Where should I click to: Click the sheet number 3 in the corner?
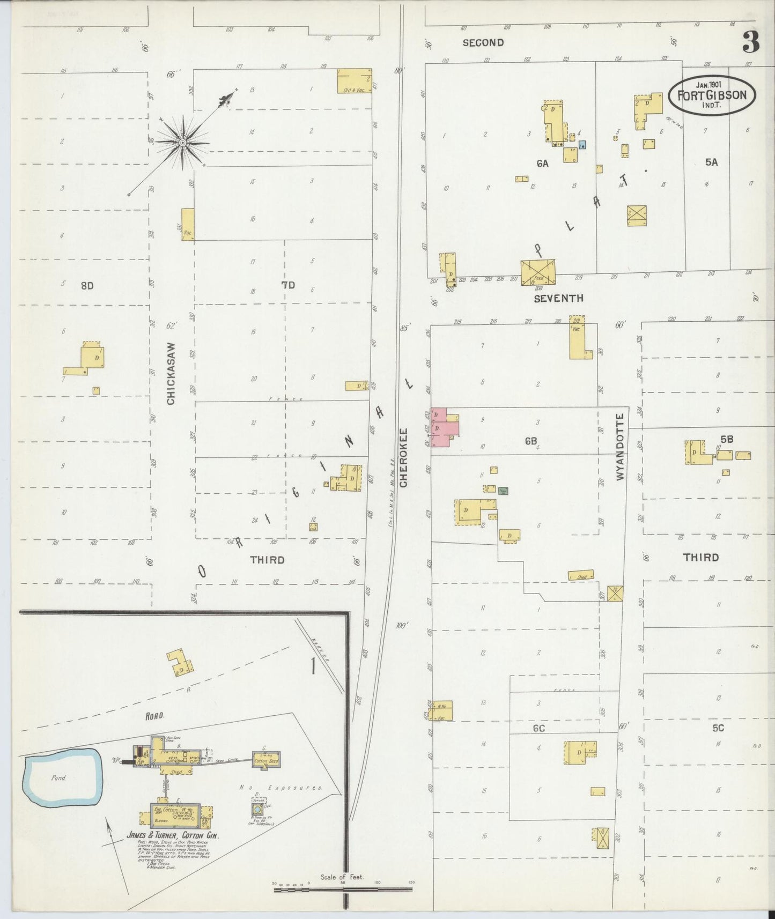(751, 42)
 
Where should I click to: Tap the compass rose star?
(182, 143)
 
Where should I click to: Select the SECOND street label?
(483, 43)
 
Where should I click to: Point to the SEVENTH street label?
(558, 299)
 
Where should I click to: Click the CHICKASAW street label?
(171, 374)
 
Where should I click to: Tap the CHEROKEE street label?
(404, 457)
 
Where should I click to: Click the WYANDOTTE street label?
(621, 447)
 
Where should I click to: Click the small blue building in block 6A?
(582, 144)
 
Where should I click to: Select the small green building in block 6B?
(503, 490)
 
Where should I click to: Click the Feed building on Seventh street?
(538, 272)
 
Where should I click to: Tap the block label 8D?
(87, 286)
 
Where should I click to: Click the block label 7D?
(288, 285)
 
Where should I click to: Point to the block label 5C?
(718, 728)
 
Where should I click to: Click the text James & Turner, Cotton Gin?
(173, 835)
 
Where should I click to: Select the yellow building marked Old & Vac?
(354, 81)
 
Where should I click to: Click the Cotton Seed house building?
(267, 759)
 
